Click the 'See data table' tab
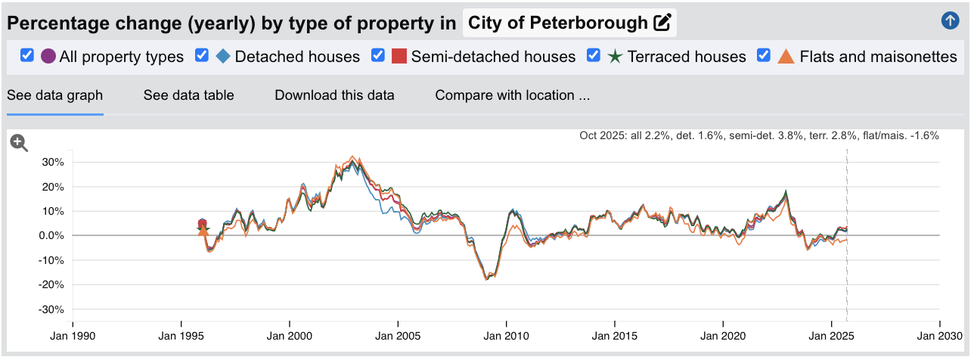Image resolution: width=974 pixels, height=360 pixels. coord(188,95)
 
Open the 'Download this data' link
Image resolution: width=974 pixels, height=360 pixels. coord(334,95)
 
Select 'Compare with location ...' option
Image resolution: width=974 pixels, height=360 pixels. coord(512,95)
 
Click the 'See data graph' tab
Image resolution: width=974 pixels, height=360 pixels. coord(54,95)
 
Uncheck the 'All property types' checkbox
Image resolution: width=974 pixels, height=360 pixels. coord(27,56)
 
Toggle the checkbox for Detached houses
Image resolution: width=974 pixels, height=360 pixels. coord(202,56)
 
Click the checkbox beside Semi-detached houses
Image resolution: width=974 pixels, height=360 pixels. coord(378,56)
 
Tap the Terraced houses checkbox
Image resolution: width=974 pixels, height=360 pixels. coord(594,56)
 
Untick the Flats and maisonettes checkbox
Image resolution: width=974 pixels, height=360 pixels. coord(764,56)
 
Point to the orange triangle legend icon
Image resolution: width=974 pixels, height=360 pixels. coord(786,57)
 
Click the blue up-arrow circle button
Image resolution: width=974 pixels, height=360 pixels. coord(950,21)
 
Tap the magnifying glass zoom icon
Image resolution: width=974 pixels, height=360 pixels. coord(19,143)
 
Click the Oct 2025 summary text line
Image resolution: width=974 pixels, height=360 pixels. coord(758,136)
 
